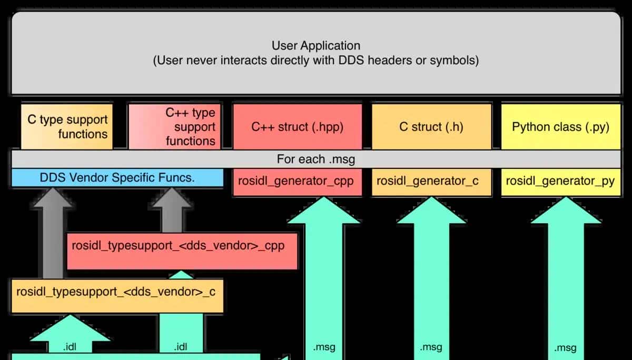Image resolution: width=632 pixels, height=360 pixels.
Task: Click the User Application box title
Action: [x=316, y=46]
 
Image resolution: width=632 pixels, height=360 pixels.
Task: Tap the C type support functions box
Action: [x=67, y=127]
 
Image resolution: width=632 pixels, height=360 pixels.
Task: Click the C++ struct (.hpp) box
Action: [x=297, y=127]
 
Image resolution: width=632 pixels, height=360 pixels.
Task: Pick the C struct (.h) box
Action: [x=431, y=127]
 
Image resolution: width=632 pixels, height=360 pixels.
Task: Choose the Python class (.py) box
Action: [x=560, y=127]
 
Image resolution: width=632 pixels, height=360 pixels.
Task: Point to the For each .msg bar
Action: [x=316, y=159]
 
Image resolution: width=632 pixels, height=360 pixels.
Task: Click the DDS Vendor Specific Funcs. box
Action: [x=117, y=178]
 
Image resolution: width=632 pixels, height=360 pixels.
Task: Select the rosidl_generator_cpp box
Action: [x=297, y=182]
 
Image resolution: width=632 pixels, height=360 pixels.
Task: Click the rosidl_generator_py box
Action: [x=560, y=182]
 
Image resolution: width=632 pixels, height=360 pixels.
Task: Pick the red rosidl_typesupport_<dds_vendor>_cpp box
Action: [x=182, y=246]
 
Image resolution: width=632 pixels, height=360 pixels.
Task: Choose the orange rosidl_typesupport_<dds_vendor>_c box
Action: [x=116, y=292]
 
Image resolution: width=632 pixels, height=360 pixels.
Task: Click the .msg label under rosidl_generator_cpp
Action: [x=324, y=347]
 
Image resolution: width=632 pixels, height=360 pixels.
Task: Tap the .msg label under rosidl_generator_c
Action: [x=431, y=347]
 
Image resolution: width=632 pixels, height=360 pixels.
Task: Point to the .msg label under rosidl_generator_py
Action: [x=565, y=348]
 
